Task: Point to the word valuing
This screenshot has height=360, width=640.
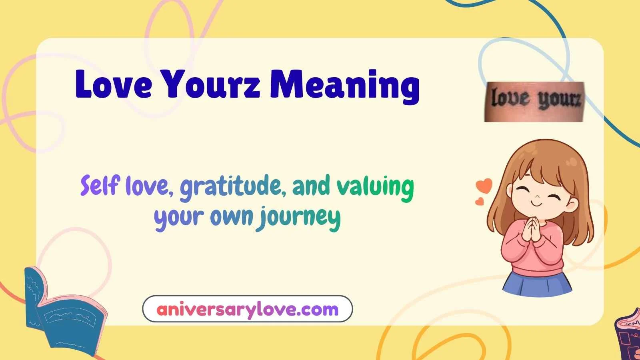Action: click(375, 187)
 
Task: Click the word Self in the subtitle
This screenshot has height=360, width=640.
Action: click(100, 186)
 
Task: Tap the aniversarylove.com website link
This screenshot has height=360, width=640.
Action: click(248, 309)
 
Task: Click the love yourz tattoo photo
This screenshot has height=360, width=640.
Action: click(534, 102)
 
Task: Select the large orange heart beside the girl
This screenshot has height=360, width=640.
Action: click(484, 185)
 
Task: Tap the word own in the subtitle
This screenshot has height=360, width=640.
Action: click(232, 217)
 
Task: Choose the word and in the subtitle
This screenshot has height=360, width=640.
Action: click(311, 186)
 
